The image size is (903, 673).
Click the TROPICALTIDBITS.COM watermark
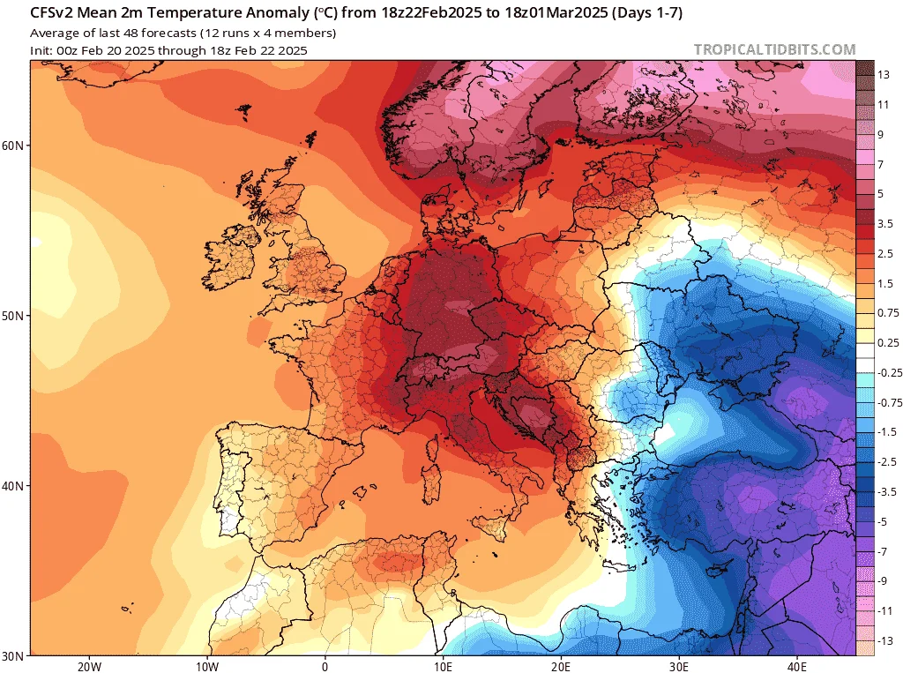click(x=774, y=49)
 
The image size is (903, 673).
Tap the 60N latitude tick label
click(x=12, y=146)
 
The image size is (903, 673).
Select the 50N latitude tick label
click(x=12, y=316)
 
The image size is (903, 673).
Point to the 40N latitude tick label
click(x=12, y=486)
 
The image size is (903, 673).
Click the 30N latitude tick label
click(x=12, y=656)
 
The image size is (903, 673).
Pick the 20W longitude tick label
click(x=89, y=667)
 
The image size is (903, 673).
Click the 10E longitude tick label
click(x=443, y=667)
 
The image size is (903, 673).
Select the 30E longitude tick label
click(x=679, y=667)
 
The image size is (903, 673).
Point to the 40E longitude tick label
click(x=797, y=667)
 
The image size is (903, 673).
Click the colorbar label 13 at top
click(x=884, y=75)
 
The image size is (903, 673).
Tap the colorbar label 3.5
click(x=885, y=223)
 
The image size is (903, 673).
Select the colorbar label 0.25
click(x=888, y=343)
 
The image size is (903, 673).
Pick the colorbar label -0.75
click(x=890, y=402)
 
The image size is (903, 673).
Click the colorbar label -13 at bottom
click(x=885, y=640)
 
